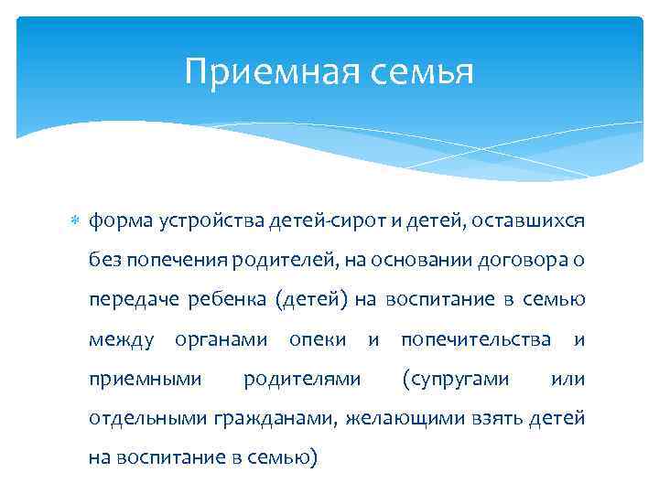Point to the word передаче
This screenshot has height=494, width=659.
[x=126, y=300]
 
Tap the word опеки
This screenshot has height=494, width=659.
[x=317, y=339]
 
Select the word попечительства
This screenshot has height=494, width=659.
[x=476, y=339]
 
